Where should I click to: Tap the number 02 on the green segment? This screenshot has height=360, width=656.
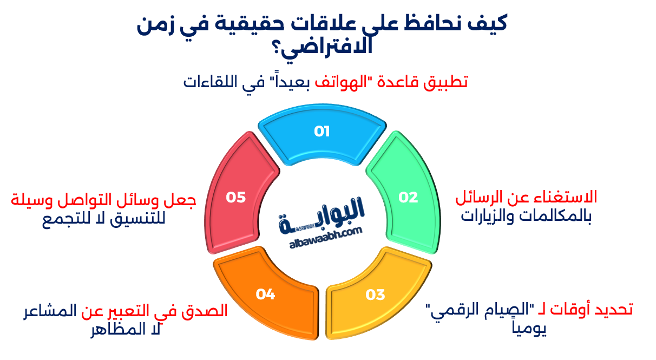tap(409, 197)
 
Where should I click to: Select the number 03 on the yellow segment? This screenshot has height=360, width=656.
tap(375, 294)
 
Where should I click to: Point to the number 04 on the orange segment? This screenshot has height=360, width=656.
tap(266, 294)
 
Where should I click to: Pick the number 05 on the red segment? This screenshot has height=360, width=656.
tap(236, 197)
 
